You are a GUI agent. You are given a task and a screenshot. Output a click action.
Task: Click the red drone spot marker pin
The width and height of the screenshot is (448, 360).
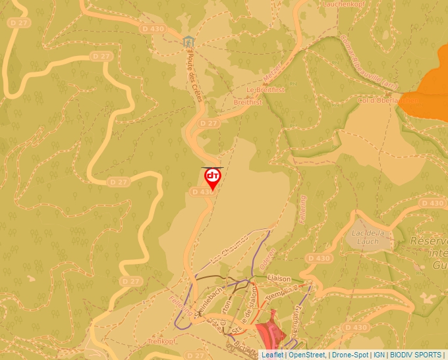[212, 178]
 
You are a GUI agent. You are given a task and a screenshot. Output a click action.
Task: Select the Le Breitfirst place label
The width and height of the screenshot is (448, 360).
[266, 90]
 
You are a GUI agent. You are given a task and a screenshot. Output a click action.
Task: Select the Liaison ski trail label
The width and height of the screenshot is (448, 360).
[279, 278]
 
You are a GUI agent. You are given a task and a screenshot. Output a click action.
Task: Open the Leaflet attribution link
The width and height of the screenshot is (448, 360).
[272, 355]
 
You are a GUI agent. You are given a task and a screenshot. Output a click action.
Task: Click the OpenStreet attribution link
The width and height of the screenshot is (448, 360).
[308, 355]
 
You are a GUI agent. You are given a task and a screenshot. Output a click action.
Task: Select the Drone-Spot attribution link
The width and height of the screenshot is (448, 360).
[350, 355]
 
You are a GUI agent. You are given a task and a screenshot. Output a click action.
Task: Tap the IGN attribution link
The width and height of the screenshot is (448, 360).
[379, 355]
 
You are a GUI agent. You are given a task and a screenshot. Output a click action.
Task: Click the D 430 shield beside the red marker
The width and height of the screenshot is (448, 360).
[202, 192]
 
